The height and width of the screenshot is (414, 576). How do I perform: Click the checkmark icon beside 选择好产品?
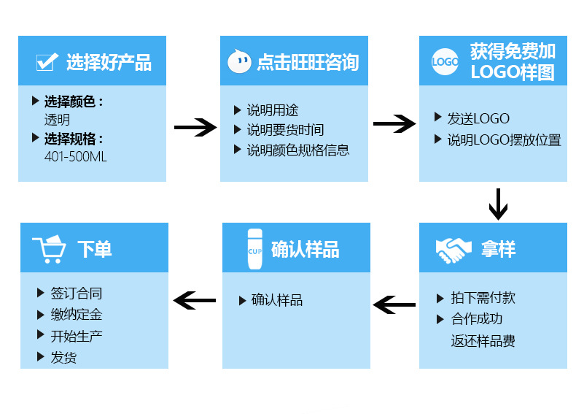47,62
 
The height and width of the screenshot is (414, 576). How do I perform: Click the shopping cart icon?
50,249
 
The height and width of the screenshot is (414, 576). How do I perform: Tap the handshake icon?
454,250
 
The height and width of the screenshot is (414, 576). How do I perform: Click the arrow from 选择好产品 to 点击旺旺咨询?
195,128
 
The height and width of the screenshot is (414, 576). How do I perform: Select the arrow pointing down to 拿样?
498,204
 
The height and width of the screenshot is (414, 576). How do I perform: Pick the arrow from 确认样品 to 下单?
195,299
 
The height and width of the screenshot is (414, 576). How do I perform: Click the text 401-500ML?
76,157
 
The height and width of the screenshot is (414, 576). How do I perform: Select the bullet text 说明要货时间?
285,130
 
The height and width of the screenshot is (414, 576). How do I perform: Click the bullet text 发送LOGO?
478,118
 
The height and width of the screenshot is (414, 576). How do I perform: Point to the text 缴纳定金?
76,315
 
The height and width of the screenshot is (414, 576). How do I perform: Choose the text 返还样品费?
483,341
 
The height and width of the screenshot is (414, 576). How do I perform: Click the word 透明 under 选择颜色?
58,120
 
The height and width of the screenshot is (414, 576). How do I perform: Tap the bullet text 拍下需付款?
483,297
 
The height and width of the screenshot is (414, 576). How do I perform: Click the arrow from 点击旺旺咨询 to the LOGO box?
394,123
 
